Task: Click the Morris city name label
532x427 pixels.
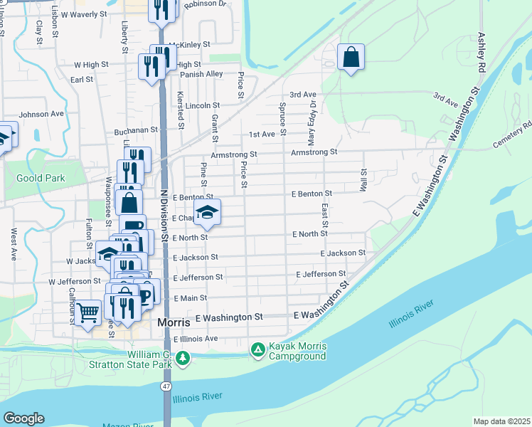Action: [171, 323]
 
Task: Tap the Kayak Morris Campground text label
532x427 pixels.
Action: [297, 352]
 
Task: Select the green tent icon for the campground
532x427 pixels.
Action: [257, 350]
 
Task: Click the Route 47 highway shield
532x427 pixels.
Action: [166, 386]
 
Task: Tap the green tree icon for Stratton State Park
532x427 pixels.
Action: [183, 359]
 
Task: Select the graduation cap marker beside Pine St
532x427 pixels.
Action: [207, 212]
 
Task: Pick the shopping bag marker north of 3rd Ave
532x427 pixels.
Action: [351, 58]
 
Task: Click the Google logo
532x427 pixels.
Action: [23, 418]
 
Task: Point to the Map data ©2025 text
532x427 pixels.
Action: [501, 421]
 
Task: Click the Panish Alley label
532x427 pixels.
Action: [201, 74]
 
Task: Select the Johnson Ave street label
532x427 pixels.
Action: [41, 114]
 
